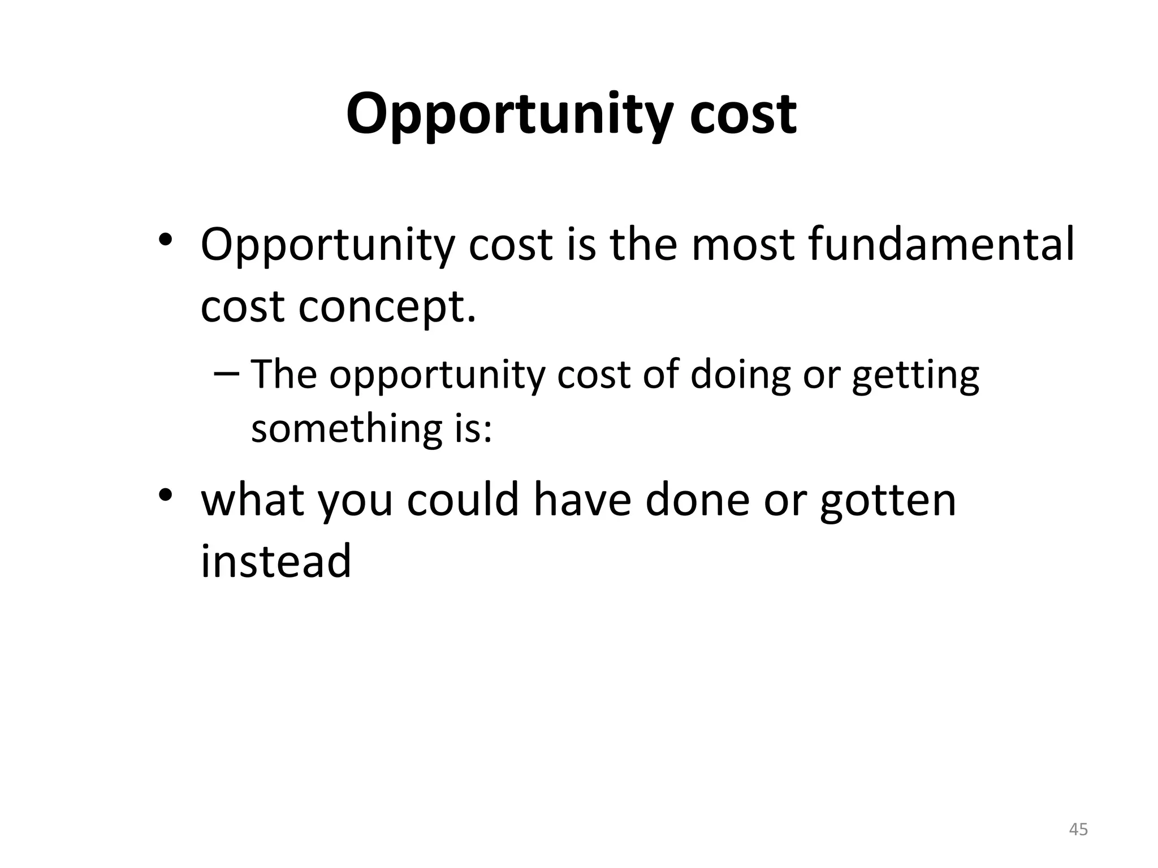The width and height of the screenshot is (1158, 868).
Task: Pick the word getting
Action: pyautogui.click(x=915, y=376)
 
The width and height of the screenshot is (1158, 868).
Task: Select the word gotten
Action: pyautogui.click(x=888, y=501)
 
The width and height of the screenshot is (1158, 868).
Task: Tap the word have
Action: pyautogui.click(x=582, y=500)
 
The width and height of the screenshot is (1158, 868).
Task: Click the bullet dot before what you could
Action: pyautogui.click(x=165, y=495)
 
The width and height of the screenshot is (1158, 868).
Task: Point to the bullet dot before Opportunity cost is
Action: pyautogui.click(x=165, y=240)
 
